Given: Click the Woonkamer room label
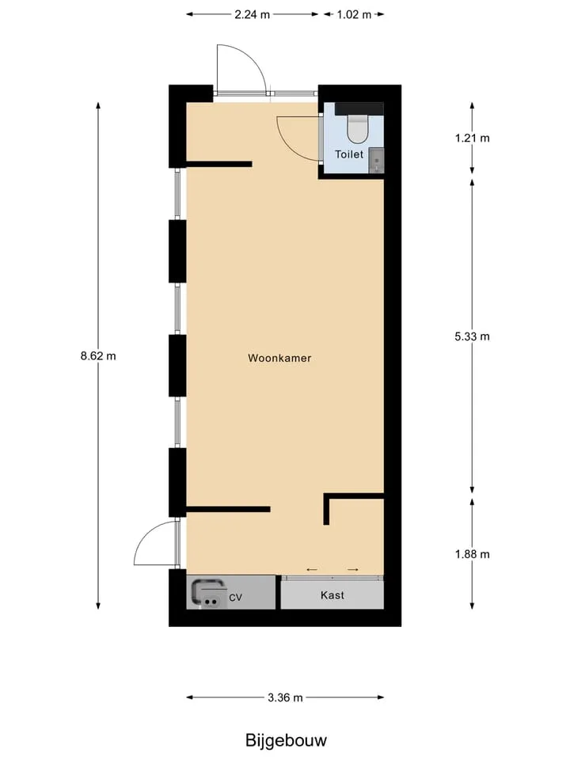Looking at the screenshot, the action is [x=279, y=358].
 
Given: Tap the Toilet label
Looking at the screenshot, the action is [x=349, y=154].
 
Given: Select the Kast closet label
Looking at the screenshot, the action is [x=332, y=595].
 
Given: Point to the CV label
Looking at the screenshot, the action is [x=235, y=598].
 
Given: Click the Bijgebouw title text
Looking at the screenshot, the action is [x=286, y=741].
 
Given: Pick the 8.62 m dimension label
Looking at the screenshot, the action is [x=98, y=355].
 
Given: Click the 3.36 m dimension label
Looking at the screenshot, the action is [x=285, y=697].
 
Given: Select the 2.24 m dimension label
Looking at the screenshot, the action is [x=252, y=14].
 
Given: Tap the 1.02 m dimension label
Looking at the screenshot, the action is [x=354, y=14].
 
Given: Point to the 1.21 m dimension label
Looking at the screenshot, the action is [x=472, y=138].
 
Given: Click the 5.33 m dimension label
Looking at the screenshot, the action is [x=472, y=336].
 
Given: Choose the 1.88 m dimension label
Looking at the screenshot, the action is [x=472, y=554].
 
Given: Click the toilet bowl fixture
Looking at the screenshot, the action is [x=358, y=130].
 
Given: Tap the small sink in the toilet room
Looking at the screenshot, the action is [x=376, y=161].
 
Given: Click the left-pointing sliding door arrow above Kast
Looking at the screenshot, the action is [x=312, y=569].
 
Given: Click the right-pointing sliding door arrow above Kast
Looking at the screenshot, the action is [x=353, y=569].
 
